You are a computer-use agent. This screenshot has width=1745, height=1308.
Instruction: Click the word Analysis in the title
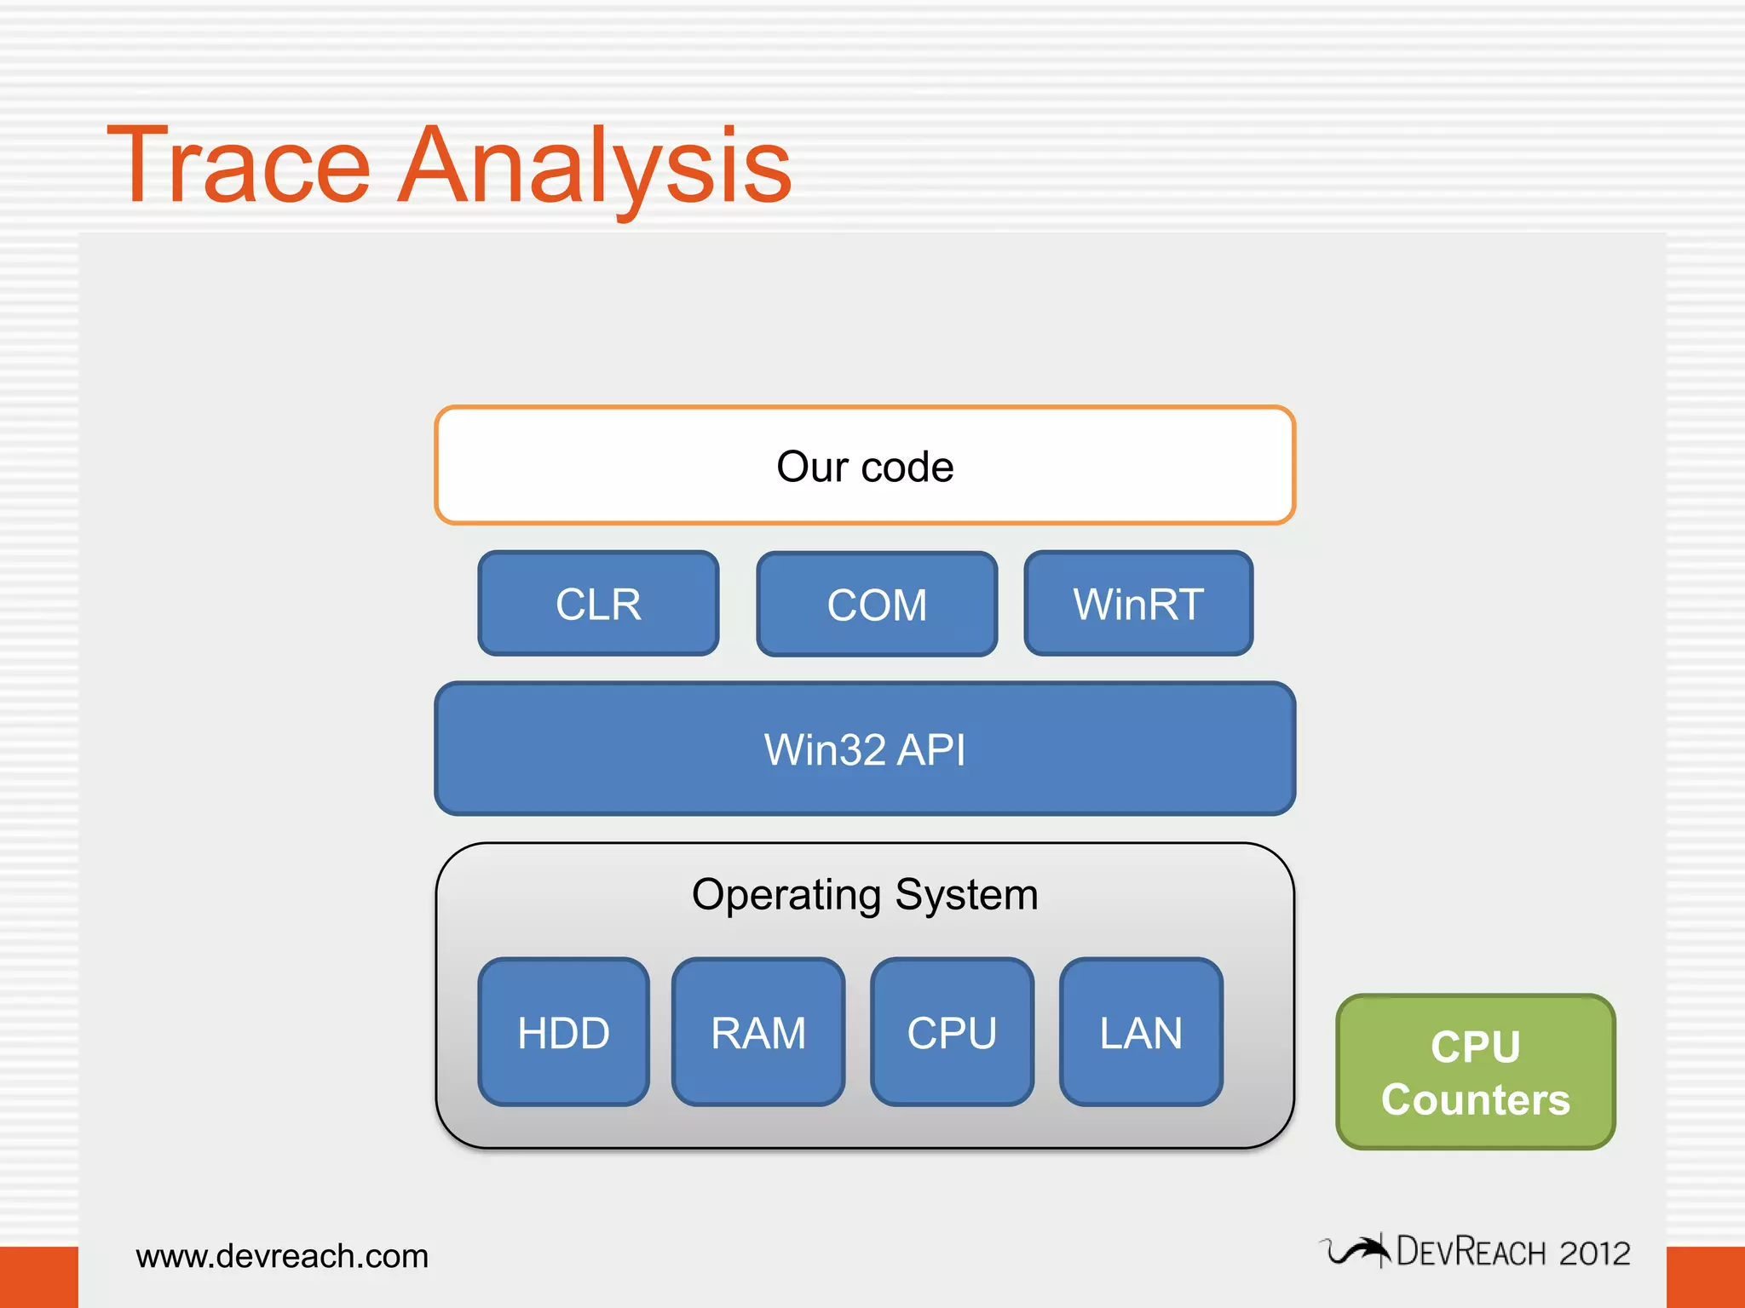[x=595, y=166]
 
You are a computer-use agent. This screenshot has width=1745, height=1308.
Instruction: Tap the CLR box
[x=598, y=604]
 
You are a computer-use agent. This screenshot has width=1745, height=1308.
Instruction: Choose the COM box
[x=877, y=605]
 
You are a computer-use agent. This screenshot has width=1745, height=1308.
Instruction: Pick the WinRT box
[x=1138, y=604]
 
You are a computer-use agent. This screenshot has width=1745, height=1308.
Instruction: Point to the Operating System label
[x=865, y=895]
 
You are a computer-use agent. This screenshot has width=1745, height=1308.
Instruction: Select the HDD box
[x=563, y=1033]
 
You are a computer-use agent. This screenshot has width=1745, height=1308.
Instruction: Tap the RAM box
[x=758, y=1033]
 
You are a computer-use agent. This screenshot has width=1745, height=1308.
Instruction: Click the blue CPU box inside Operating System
[x=952, y=1033]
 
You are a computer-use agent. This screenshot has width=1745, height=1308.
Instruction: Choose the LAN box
[x=1141, y=1033]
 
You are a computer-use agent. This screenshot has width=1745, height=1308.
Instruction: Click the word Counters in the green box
[x=1476, y=1099]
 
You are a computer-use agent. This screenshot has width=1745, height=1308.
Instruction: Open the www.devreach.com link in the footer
[x=282, y=1256]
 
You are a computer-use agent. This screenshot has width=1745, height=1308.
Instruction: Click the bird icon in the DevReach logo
[x=1356, y=1251]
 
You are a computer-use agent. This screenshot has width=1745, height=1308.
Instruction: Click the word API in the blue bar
[x=931, y=750]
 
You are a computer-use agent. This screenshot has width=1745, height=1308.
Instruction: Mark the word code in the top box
[x=907, y=467]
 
